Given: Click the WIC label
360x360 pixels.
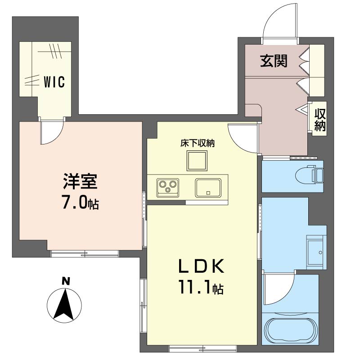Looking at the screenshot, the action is [x=54, y=82].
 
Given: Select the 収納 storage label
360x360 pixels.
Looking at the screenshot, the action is [x=320, y=120].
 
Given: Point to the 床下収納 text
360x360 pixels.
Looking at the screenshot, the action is [x=197, y=143].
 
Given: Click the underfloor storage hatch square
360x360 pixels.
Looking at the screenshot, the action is [x=197, y=161].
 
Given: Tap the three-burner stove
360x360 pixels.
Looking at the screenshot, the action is [x=168, y=188].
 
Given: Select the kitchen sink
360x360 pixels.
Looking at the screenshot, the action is [x=208, y=188].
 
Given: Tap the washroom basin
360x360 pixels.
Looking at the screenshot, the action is [x=316, y=252].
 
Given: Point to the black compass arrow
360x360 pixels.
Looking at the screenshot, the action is [x=63, y=304].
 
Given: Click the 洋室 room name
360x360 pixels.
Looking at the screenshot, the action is [x=81, y=181].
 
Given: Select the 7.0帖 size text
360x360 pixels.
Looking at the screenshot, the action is [x=81, y=202].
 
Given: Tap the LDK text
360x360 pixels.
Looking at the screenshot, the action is [x=201, y=266].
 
